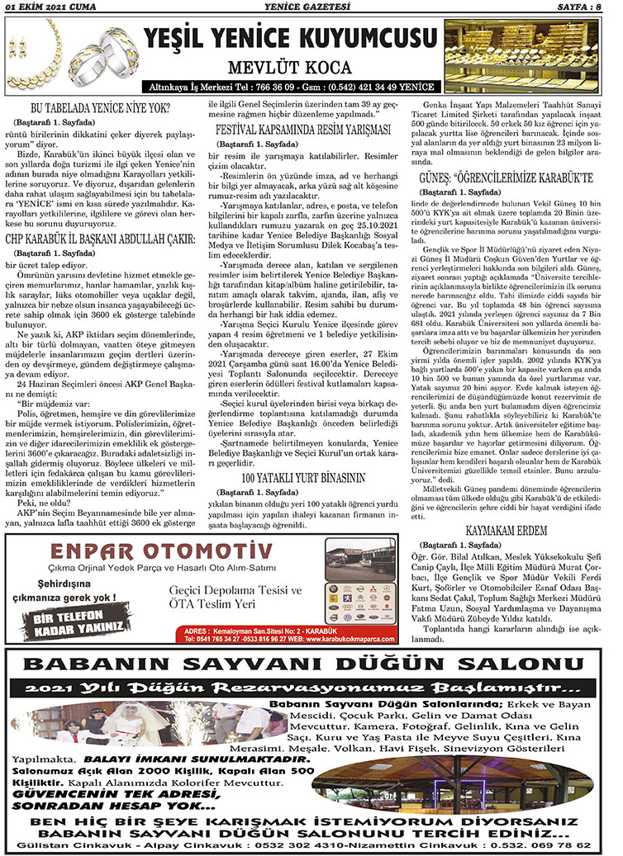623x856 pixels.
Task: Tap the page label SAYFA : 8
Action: point(586,9)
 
